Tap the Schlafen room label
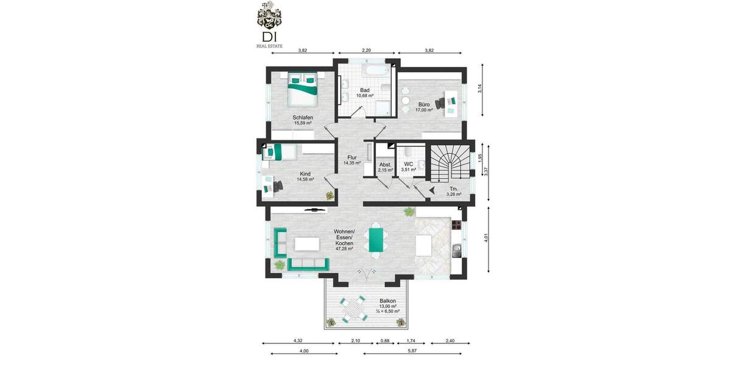click(x=303, y=120)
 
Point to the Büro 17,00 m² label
click(x=424, y=107)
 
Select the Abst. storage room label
click(x=385, y=167)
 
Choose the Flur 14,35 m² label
click(x=352, y=160)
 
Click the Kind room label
click(x=305, y=176)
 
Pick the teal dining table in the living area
click(x=376, y=239)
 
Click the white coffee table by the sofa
click(x=308, y=244)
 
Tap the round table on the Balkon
click(x=352, y=310)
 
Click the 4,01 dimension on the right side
click(x=486, y=240)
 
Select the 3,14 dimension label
click(x=480, y=88)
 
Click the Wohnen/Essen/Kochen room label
click(x=344, y=240)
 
